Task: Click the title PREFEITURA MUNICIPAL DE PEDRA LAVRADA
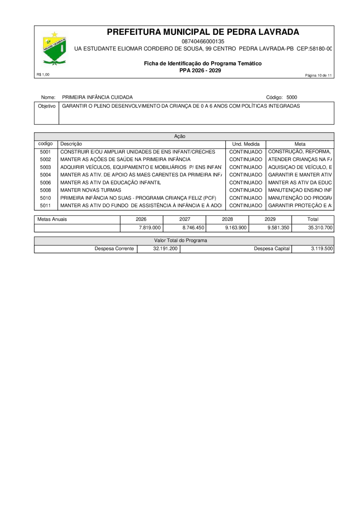(x=203, y=32)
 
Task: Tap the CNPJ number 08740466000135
(x=203, y=41)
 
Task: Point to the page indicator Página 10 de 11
(x=319, y=76)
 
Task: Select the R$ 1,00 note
(x=43, y=74)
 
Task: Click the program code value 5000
(x=292, y=97)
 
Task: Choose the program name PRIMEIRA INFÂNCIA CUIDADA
(x=97, y=97)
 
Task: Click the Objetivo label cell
(x=46, y=106)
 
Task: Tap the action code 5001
(x=46, y=152)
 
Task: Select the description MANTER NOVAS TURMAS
(x=90, y=190)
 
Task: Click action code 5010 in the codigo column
(x=46, y=198)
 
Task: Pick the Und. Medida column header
(x=246, y=144)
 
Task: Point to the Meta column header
(x=300, y=144)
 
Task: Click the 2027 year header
(x=184, y=219)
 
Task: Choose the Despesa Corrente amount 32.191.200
(x=165, y=249)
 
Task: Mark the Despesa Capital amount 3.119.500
(x=322, y=249)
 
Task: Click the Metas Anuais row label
(x=52, y=219)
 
